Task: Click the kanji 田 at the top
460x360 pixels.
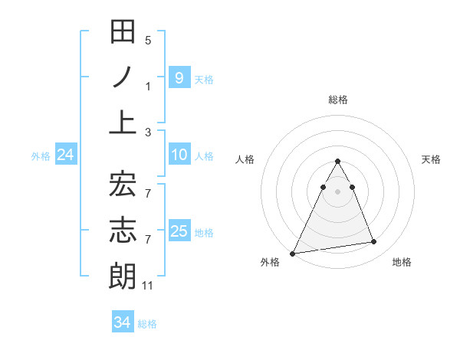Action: coord(123,33)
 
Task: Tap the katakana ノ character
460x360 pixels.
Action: coord(123,77)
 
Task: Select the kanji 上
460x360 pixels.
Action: coord(123,123)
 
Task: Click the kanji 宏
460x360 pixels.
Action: coord(123,184)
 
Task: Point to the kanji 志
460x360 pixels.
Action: coord(123,229)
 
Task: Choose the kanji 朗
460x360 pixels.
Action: coord(123,275)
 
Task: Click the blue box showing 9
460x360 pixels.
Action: coord(179,77)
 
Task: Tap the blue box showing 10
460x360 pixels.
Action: coord(179,155)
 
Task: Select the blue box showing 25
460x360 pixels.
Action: coord(179,231)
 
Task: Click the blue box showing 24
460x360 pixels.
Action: coord(66,155)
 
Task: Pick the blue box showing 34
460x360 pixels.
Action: coord(123,322)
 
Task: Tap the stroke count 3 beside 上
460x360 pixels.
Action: coord(148,133)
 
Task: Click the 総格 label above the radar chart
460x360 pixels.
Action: coord(337,100)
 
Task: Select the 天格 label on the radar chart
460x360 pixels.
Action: coord(432,159)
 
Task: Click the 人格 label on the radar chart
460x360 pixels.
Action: coord(245,159)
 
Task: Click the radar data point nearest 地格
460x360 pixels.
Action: coord(373,242)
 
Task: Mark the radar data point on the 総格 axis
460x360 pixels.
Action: coord(337,162)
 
